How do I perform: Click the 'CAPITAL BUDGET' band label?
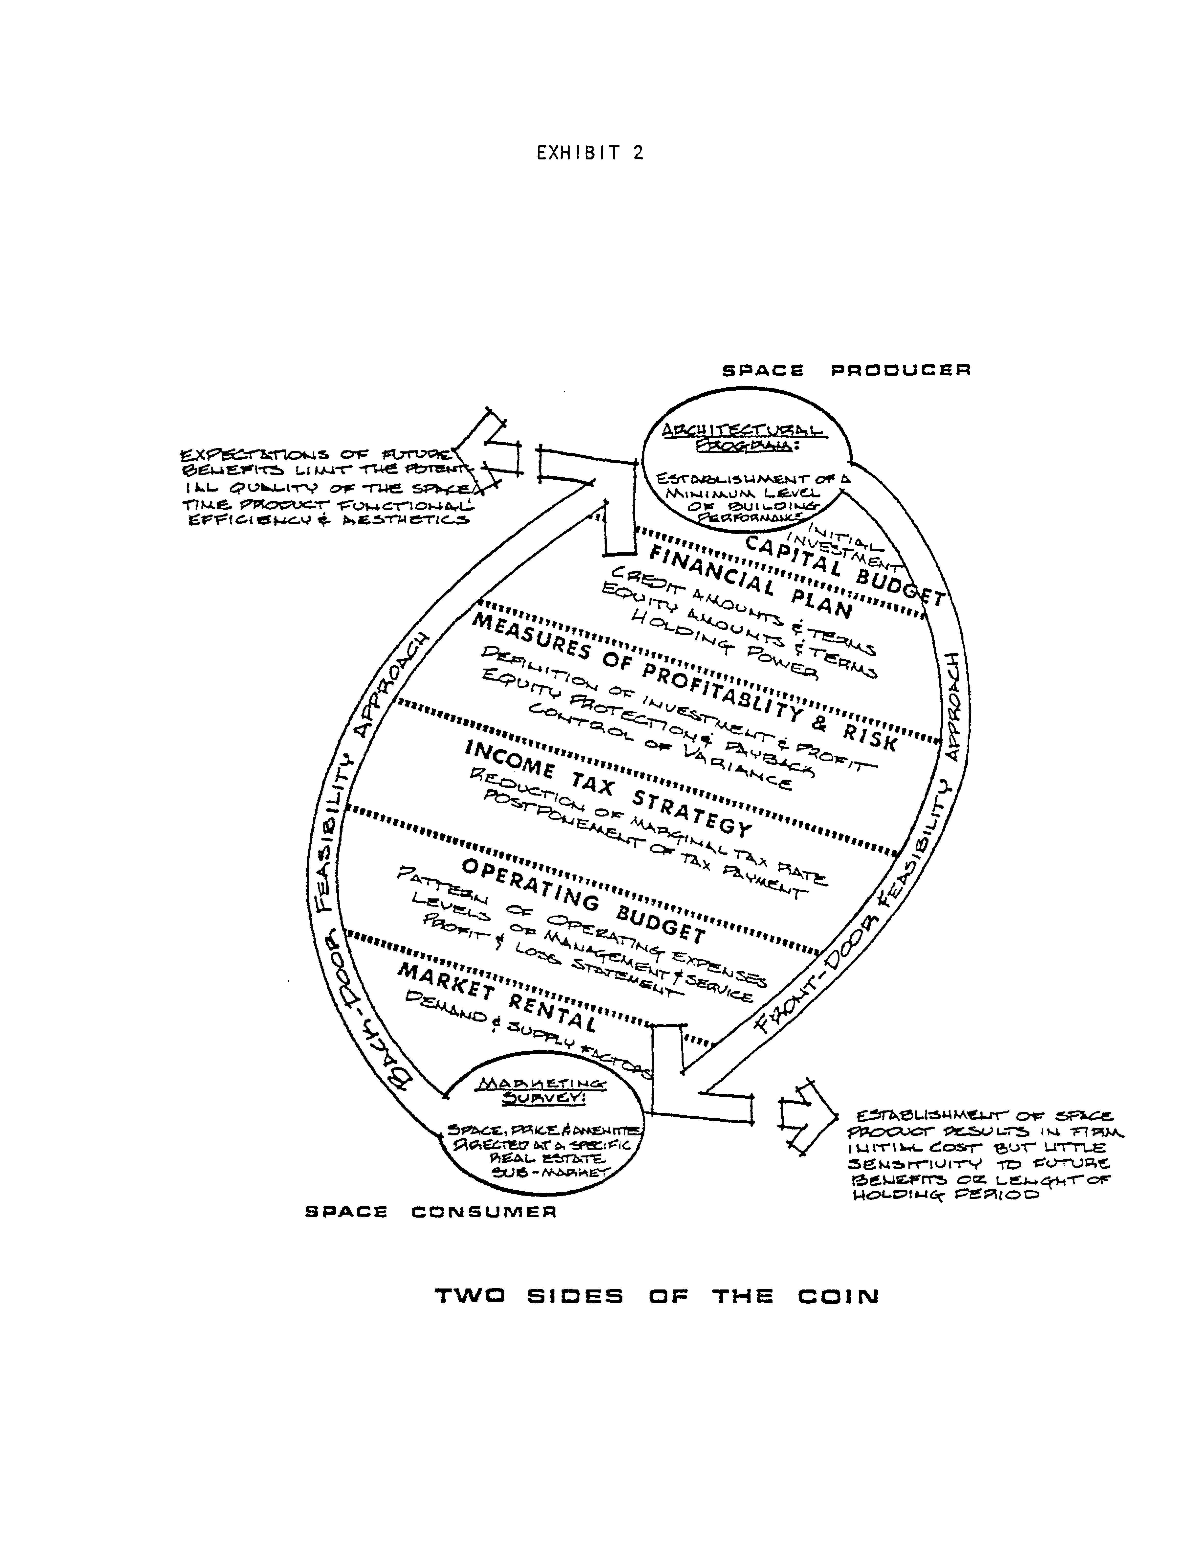pos(845,570)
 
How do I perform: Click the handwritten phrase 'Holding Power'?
pos(724,645)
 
